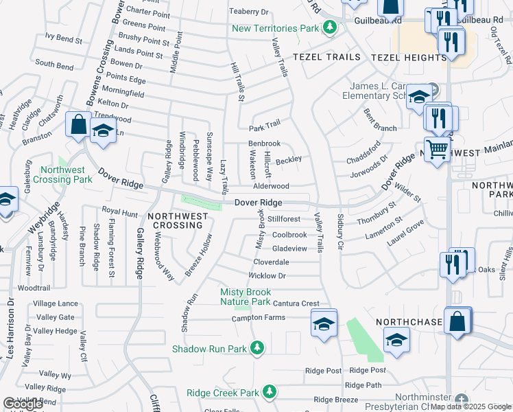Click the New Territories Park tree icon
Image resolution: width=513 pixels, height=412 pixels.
pos(330,28)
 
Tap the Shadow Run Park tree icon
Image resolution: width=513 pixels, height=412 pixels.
pos(257,349)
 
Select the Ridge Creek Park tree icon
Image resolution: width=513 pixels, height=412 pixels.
pos(270,393)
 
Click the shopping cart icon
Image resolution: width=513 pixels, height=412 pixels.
pos(437,148)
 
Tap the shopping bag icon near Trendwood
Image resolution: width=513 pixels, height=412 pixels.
pos(78,125)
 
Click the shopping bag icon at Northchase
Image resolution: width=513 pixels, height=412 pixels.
pos(457,321)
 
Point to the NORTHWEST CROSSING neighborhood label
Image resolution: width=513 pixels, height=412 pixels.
pos(178,220)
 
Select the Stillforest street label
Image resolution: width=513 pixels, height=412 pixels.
pos(284,219)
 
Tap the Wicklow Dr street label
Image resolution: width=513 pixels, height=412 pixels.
pos(266,276)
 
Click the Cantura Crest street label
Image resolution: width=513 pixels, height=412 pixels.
pos(296,304)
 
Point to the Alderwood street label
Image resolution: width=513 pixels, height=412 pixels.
pos(272,186)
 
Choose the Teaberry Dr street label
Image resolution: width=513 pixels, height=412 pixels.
pos(248,12)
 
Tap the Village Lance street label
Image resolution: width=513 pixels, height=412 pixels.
pos(56,304)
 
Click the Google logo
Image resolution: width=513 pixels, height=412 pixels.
pos(23,404)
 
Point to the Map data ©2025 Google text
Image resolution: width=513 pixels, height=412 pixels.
pos(471,407)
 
